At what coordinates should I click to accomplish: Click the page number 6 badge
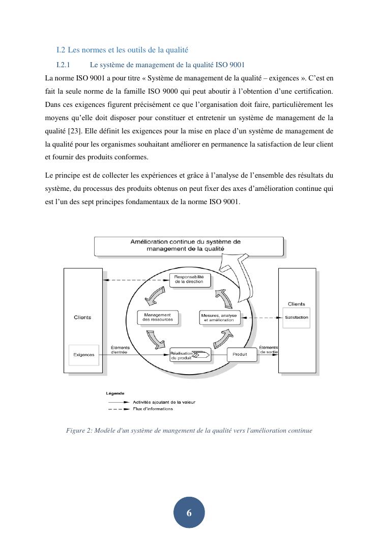pyautogui.click(x=189, y=513)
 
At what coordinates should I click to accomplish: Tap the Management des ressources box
pyautogui.click(x=157, y=317)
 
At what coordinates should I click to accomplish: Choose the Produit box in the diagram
pyautogui.click(x=240, y=354)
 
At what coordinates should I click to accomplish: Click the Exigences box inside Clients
pyautogui.click(x=83, y=355)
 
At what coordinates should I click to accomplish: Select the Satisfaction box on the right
pyautogui.click(x=296, y=318)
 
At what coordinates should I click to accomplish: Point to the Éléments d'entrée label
pyautogui.click(x=120, y=350)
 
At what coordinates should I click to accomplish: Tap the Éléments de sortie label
pyautogui.click(x=269, y=349)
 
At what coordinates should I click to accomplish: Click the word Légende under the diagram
pyautogui.click(x=115, y=393)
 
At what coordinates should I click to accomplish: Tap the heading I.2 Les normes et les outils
pyautogui.click(x=122, y=50)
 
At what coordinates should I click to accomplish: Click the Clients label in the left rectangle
pyautogui.click(x=82, y=317)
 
